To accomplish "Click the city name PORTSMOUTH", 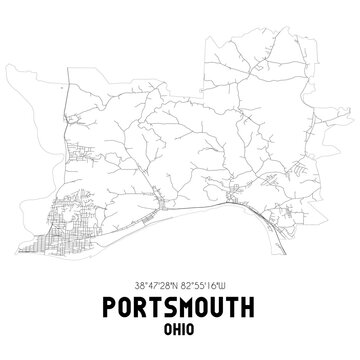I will point(180,303).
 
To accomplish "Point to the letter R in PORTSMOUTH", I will point(140,303).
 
